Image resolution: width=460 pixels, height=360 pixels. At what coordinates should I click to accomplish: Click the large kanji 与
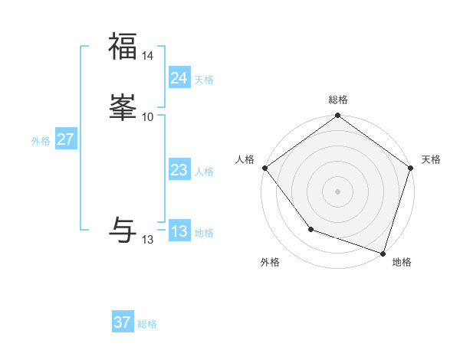[x=123, y=229]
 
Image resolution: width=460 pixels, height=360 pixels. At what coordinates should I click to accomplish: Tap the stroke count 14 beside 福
[x=148, y=56]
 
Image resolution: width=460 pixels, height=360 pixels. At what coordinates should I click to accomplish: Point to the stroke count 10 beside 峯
[x=148, y=116]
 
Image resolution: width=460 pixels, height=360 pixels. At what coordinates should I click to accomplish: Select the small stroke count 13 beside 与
[x=148, y=240]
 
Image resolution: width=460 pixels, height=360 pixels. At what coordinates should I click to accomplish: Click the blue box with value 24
[x=179, y=78]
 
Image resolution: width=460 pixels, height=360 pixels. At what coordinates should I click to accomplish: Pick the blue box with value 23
[x=179, y=170]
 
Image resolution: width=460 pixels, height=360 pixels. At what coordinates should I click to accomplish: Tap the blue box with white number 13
[x=179, y=231]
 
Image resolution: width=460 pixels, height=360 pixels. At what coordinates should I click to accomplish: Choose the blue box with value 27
[x=65, y=139]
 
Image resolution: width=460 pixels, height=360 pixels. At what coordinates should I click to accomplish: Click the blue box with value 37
[x=122, y=322]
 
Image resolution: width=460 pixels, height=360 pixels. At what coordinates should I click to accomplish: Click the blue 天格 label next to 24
[x=204, y=80]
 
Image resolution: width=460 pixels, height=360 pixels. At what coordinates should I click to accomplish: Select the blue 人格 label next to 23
[x=204, y=172]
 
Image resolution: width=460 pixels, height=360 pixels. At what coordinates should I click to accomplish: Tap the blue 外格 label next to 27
[x=41, y=141]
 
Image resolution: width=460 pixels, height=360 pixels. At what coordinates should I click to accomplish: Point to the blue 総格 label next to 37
[x=147, y=324]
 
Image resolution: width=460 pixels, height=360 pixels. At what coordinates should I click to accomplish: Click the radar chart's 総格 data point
[x=337, y=116]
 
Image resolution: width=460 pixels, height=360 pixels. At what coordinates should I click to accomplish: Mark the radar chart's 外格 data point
[x=310, y=228]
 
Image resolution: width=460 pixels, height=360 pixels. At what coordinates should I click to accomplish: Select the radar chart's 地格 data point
[x=383, y=253]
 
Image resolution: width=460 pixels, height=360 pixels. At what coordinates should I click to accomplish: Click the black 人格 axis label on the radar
[x=245, y=159]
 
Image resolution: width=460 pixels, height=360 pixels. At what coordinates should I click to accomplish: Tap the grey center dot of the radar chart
[x=337, y=191]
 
